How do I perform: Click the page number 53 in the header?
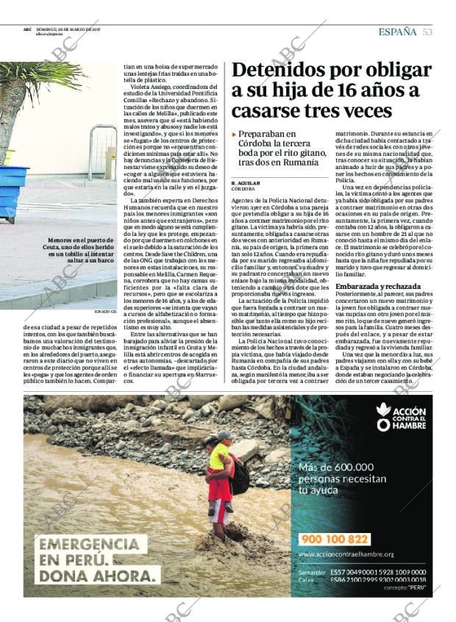427,32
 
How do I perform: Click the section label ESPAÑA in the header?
397,32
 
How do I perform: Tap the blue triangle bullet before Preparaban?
235,135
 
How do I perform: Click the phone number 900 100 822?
335,539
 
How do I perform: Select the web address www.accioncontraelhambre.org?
346,554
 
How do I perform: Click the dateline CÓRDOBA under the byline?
243,188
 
